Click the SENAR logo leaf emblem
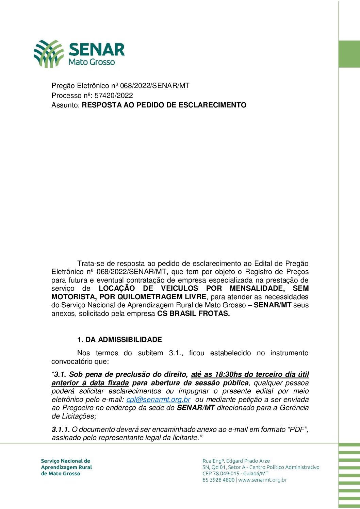click(x=48, y=54)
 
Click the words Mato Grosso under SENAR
click(x=92, y=62)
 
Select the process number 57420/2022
click(x=114, y=96)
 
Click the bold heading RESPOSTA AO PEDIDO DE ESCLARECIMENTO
click(x=164, y=105)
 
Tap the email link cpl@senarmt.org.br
click(x=158, y=400)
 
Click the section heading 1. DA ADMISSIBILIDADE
click(x=119, y=340)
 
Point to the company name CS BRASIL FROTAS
click(x=193, y=313)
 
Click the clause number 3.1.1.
click(x=61, y=429)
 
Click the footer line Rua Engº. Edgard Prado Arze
click(x=236, y=461)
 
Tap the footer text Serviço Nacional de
click(x=65, y=461)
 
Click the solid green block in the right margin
click(x=349, y=54)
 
